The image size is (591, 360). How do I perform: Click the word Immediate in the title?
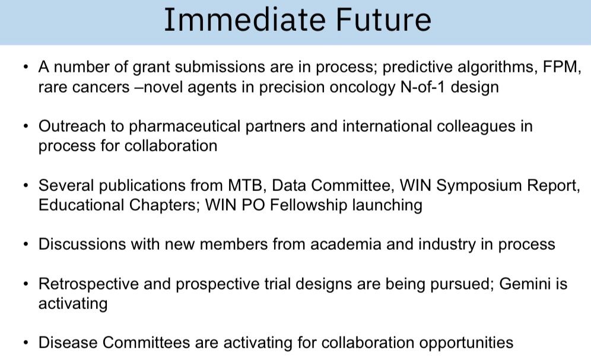click(x=244, y=20)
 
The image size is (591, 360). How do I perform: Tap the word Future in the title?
click(x=383, y=20)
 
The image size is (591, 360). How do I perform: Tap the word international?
click(x=387, y=126)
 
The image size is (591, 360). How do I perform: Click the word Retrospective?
click(x=88, y=285)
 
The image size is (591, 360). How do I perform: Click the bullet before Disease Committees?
click(x=26, y=343)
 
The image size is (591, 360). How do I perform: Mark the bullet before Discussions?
click(x=26, y=244)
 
